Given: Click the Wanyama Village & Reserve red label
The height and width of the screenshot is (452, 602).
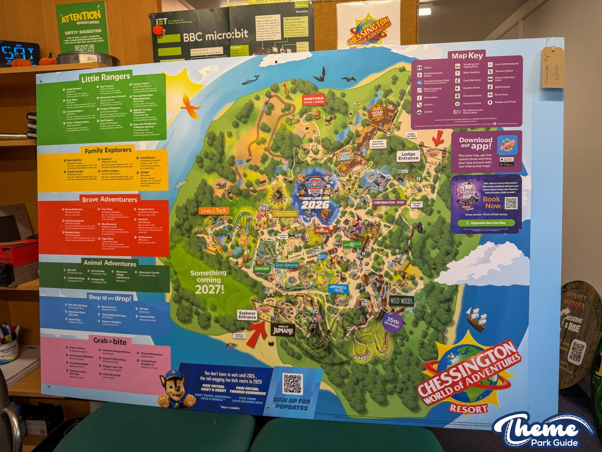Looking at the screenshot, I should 313,101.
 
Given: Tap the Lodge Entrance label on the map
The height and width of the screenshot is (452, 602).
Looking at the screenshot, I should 408,156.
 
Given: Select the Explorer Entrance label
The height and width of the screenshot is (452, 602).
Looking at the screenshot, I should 247,316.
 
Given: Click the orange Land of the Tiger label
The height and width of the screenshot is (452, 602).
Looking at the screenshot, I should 214,211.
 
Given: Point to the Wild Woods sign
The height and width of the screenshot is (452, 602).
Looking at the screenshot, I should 401,301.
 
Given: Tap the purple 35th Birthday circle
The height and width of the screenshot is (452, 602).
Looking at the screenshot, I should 392,322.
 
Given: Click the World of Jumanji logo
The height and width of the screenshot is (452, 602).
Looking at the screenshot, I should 283,330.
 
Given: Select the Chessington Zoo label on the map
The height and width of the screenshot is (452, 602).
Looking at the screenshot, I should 389,202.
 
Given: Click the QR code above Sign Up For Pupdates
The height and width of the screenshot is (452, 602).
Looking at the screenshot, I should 292,384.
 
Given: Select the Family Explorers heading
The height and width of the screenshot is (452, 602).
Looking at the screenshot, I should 108,150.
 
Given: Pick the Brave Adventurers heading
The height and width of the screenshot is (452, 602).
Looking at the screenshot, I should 110,199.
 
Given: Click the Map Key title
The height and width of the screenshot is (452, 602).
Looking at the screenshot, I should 467,56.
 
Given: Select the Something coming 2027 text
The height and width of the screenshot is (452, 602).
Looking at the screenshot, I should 208,282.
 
